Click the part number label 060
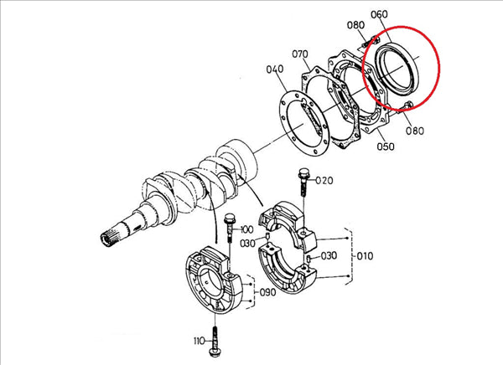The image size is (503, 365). click(x=379, y=14)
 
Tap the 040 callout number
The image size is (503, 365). click(x=275, y=69)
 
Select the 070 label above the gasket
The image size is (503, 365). click(x=300, y=54)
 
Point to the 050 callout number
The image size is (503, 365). click(x=386, y=147)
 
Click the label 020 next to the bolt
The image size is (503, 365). click(x=324, y=181)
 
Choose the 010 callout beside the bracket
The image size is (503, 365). click(x=365, y=256)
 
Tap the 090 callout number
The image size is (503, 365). click(x=267, y=292)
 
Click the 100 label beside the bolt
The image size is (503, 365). click(x=246, y=229)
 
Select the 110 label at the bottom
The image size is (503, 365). click(x=200, y=341)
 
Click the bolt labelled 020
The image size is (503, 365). click(x=303, y=182)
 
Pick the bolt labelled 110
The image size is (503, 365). click(x=214, y=341)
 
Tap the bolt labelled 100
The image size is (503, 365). click(x=230, y=229)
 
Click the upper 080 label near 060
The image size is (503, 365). click(x=355, y=25)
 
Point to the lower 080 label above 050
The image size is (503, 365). click(x=415, y=131)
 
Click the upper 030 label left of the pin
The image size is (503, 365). click(x=248, y=244)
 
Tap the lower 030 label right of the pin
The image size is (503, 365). click(x=329, y=255)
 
